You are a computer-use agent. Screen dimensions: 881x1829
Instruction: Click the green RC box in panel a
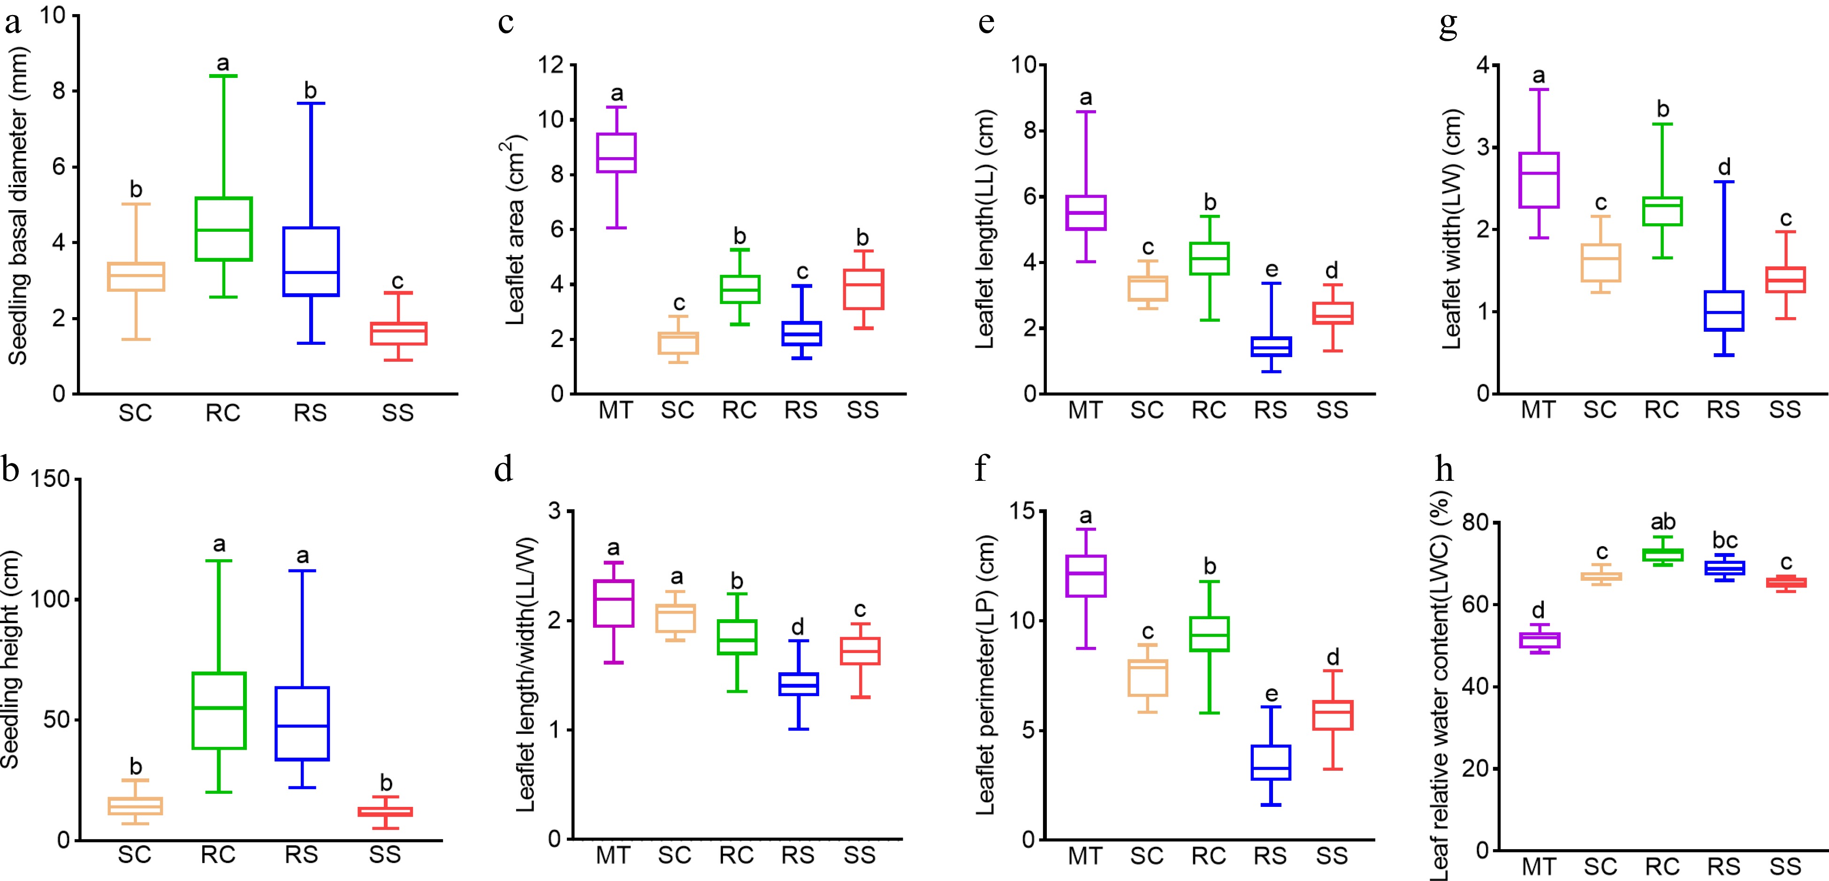click(x=224, y=228)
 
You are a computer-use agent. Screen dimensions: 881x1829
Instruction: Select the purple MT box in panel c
click(x=616, y=152)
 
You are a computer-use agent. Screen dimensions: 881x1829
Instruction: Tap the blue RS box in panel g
click(x=1723, y=310)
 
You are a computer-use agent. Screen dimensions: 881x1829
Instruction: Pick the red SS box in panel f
click(x=1332, y=715)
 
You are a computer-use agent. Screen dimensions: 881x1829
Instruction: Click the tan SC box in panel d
click(x=675, y=618)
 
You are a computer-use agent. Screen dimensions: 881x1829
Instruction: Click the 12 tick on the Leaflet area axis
click(x=550, y=65)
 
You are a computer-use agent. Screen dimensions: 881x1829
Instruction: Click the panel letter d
click(x=503, y=469)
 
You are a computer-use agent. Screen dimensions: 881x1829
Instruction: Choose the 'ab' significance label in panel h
click(x=1663, y=522)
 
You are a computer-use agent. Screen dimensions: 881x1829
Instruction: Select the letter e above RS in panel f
click(x=1271, y=693)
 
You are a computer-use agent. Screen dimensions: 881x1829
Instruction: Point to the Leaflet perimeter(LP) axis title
click(x=985, y=675)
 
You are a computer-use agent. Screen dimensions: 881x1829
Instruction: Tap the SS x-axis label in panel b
click(x=385, y=854)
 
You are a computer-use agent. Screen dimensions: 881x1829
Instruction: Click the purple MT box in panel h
click(x=1539, y=639)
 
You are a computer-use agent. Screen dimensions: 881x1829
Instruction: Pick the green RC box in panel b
click(x=219, y=710)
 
